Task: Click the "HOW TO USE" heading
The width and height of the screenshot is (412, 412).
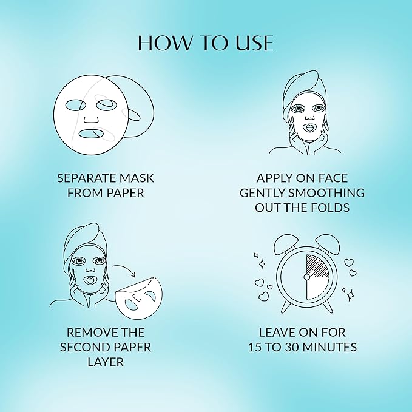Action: (x=206, y=43)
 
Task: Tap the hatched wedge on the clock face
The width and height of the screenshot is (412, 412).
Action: (x=317, y=266)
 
